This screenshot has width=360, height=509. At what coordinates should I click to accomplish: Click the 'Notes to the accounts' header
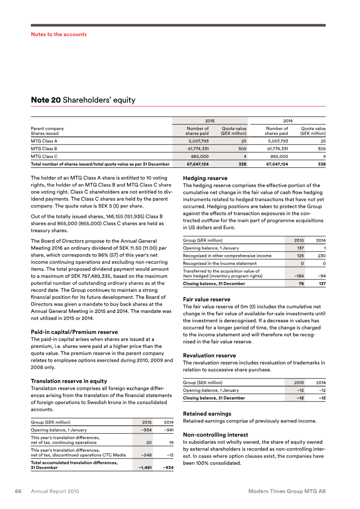[58, 34]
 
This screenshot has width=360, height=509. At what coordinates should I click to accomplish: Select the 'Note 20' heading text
[45, 100]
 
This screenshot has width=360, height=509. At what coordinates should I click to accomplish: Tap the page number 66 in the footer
[18, 491]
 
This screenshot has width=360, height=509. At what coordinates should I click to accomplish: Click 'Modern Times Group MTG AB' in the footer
[287, 491]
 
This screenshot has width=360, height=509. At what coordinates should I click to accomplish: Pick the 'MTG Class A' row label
[44, 141]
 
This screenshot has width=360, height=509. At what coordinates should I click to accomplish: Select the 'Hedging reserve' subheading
[205, 178]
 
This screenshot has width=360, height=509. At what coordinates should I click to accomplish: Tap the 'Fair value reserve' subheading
[207, 299]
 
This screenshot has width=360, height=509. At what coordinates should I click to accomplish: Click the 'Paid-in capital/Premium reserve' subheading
[74, 332]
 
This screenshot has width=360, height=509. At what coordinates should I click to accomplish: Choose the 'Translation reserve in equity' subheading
[69, 381]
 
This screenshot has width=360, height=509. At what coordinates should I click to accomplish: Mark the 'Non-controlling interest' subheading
[216, 435]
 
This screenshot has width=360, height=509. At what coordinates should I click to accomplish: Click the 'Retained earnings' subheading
[207, 414]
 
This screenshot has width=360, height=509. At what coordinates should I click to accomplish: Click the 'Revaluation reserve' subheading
[209, 356]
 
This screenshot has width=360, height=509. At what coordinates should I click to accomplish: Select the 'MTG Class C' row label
[44, 156]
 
